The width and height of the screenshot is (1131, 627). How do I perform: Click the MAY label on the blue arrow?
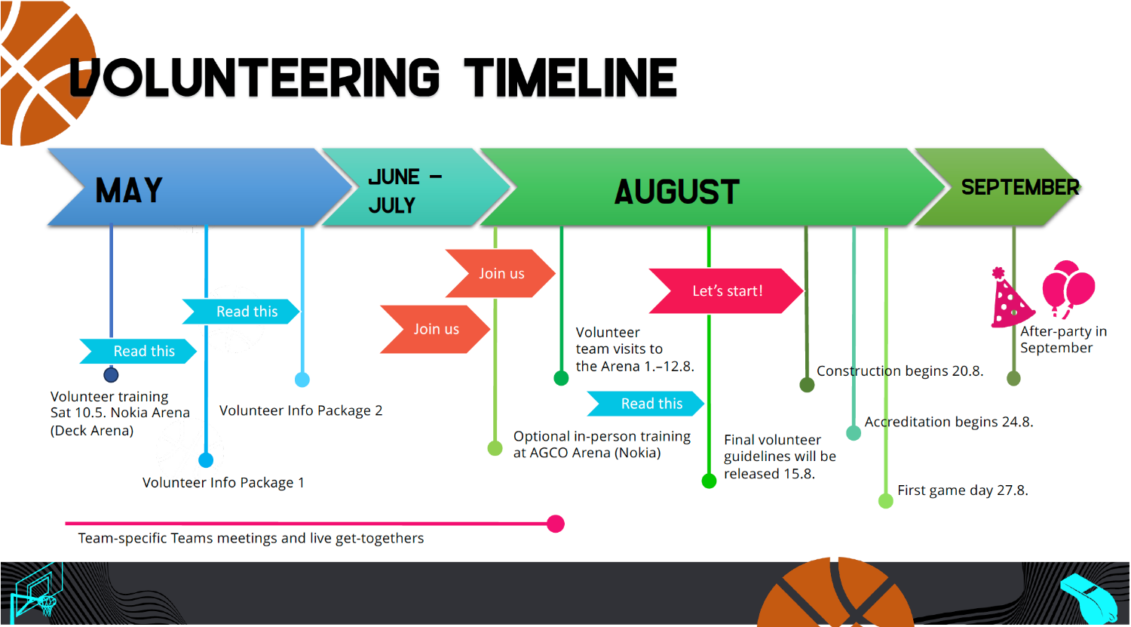point(129,190)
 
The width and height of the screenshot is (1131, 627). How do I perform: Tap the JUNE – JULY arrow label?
point(405,191)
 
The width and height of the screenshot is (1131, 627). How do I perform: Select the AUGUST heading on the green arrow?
point(676,192)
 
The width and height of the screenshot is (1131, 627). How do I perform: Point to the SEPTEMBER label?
point(1020,187)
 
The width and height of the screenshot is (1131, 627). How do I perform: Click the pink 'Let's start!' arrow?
point(726,291)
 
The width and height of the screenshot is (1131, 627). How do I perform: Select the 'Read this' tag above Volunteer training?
point(138,351)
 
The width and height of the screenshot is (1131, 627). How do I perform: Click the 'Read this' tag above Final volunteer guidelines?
point(645,404)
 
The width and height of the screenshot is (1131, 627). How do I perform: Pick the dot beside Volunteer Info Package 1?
point(206,460)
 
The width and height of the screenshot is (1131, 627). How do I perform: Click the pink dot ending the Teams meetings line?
point(556,524)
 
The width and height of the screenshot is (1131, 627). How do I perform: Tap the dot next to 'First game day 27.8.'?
point(886,501)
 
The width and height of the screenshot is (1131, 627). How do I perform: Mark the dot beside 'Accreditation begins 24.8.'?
point(854,433)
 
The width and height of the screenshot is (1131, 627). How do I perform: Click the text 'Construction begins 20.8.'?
point(900,371)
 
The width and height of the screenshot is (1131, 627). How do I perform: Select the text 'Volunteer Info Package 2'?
point(301,410)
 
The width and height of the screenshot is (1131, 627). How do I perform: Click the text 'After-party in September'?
point(1063,340)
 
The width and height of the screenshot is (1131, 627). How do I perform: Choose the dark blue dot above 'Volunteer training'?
point(111,375)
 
